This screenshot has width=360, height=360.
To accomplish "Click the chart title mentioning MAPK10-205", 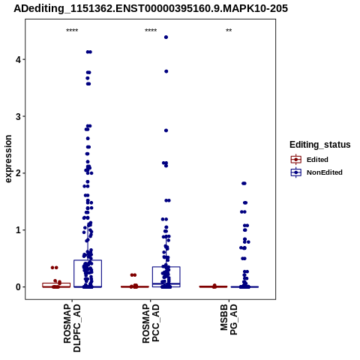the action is (151, 9).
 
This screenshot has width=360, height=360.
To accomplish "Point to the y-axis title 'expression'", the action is (8, 159).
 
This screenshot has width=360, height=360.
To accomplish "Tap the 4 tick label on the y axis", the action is (19, 59).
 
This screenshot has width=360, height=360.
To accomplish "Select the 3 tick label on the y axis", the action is (19, 116).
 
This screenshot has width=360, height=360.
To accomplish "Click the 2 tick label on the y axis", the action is (19, 173).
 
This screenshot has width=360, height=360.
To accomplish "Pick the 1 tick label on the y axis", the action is (19, 230).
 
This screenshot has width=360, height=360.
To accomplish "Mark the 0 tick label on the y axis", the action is (19, 287).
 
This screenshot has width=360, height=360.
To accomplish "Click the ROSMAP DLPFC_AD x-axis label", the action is (72, 328).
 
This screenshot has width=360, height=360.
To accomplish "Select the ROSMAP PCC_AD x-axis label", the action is (151, 323).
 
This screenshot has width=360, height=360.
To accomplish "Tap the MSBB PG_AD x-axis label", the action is (229, 319).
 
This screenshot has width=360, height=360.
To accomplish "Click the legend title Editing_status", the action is (320, 145).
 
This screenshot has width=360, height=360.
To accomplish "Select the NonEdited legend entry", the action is (316, 172).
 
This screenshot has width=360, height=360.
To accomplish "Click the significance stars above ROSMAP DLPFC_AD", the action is (72, 31).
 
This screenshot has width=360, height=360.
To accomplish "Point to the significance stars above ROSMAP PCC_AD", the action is (151, 31).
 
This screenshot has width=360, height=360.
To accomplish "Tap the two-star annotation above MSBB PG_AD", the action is (229, 31).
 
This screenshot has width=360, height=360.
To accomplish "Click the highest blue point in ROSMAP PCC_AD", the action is (166, 37).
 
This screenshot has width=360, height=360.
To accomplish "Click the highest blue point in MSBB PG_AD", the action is (244, 184).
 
